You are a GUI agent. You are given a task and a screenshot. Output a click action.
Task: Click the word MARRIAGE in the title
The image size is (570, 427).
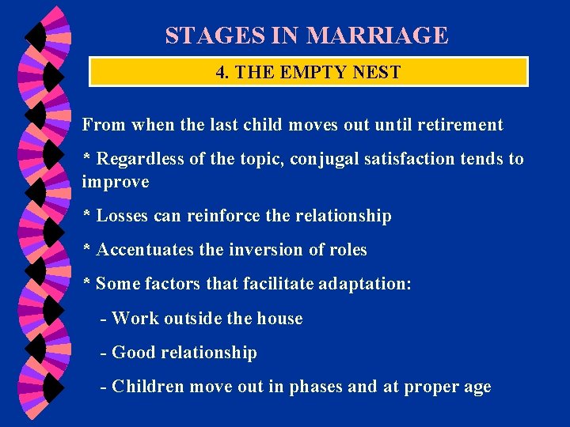pos(377,36)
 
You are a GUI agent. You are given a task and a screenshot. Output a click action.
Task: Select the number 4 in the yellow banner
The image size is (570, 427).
pos(221,73)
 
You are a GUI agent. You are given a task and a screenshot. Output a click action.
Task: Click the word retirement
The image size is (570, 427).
pos(459,125)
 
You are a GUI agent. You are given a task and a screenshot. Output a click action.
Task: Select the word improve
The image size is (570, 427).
pos(115,183)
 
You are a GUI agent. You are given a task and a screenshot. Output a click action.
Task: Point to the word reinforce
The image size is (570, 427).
pos(222,216)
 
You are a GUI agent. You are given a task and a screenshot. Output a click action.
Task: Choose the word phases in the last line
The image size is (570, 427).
pos(316,387)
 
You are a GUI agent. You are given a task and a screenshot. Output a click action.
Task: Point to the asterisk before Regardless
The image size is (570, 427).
pos(87,158)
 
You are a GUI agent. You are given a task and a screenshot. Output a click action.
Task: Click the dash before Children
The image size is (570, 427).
pos(104,387)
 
